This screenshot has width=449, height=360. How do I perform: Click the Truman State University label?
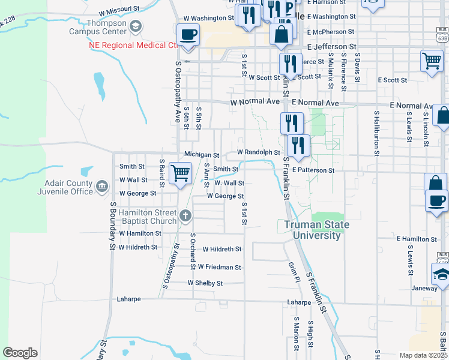coord(316,230)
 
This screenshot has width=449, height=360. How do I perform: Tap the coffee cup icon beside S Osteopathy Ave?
coord(188,35)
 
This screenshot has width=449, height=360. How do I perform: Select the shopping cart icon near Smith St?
coord(180,173)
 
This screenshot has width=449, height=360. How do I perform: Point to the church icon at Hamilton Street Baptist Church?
coord(185,215)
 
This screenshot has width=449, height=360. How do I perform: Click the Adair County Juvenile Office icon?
coord(102,187)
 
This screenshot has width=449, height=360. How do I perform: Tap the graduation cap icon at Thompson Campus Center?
coord(136,26)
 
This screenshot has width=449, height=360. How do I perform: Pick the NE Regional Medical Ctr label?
coord(133,44)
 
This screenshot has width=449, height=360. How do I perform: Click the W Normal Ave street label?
coord(255,103)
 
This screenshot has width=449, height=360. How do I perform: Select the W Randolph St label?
coord(258,152)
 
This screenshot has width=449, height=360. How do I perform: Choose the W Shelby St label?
coord(205,283)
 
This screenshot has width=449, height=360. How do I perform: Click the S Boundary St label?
coord(112,225)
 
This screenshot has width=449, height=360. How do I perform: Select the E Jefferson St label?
coord(331,46)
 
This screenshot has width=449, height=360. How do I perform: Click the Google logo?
coord(20,353)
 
